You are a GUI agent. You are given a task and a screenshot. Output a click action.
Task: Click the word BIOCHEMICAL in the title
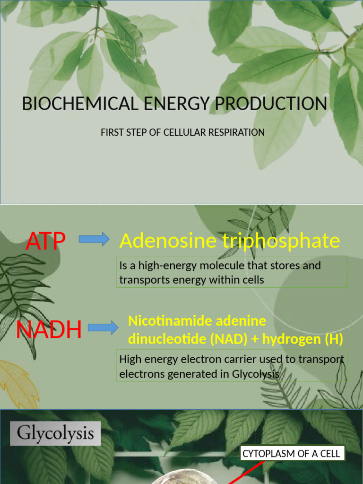(x=80, y=104)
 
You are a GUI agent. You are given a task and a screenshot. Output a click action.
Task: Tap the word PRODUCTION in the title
(x=271, y=104)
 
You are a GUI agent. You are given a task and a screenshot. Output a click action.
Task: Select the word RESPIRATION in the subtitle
(x=236, y=132)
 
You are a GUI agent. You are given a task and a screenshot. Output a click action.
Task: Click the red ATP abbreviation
(x=46, y=241)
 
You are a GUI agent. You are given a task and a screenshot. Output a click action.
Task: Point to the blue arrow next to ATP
(x=94, y=239)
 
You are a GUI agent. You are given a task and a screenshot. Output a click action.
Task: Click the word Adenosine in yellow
(x=168, y=241)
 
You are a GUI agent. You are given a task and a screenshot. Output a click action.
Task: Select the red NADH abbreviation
(x=49, y=329)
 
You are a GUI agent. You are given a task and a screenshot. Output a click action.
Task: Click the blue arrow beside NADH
(x=103, y=328)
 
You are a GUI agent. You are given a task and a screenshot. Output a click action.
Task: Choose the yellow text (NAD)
(x=229, y=339)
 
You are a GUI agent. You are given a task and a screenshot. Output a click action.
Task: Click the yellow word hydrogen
(x=292, y=339)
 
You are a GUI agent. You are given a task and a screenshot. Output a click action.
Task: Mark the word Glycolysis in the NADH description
(x=256, y=374)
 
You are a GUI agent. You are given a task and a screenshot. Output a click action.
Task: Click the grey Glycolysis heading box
(x=56, y=433)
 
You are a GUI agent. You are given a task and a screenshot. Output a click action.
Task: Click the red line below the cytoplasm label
(x=246, y=473)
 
